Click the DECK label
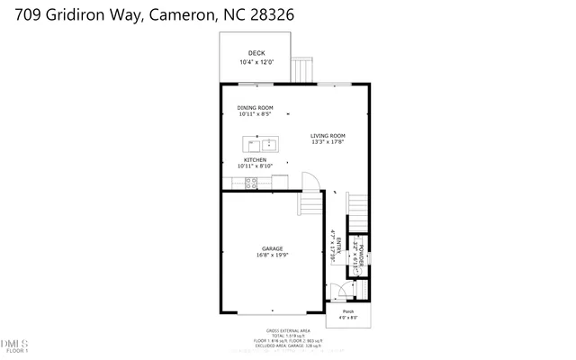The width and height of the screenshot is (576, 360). coord(256,54)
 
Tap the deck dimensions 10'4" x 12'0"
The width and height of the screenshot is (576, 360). coord(256,62)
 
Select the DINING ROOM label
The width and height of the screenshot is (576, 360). coord(256,107)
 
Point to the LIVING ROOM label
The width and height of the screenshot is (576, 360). coord(328,136)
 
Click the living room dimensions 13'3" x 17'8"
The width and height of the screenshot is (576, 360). coord(328,142)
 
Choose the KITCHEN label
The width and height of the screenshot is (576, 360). coord(255,160)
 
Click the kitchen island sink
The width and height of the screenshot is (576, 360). coord(261,143)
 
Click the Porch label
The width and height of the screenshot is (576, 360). coord(347,311)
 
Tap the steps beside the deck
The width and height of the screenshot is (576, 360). coord(302,68)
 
